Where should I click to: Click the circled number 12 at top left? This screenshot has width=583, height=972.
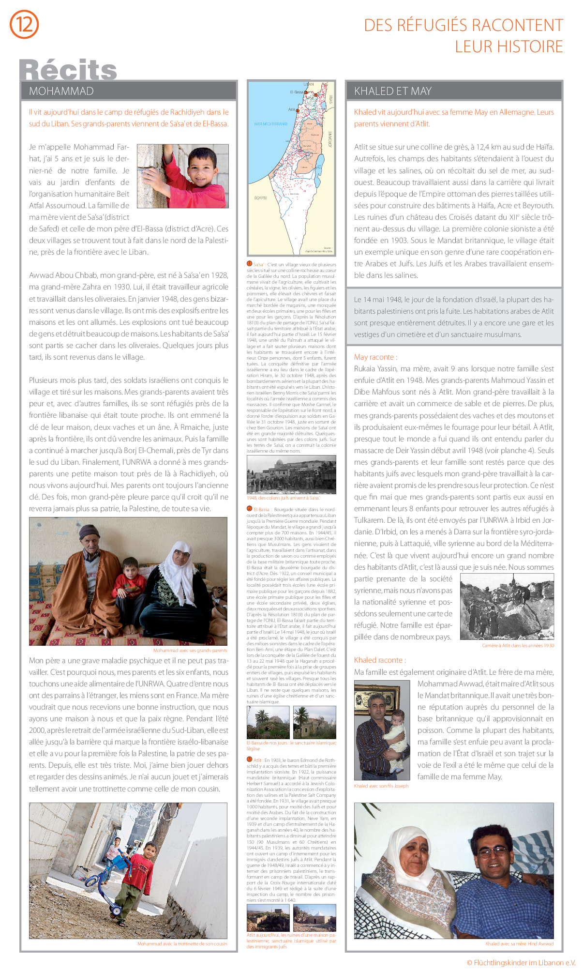[x=24, y=24]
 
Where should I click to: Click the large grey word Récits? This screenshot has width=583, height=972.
[x=68, y=70]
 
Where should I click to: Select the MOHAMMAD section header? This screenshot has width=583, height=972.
[x=61, y=91]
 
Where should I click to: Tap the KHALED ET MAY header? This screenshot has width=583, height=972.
[x=392, y=91]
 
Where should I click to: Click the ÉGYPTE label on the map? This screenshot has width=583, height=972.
[x=260, y=198]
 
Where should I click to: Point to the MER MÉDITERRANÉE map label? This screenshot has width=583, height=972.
[x=271, y=124]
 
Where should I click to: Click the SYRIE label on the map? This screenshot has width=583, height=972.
[x=331, y=99]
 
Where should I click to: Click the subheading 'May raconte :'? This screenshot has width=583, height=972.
[x=375, y=357]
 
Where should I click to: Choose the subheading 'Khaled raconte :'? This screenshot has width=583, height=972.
[x=380, y=660]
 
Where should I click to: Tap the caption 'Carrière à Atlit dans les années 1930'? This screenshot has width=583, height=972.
[x=518, y=646]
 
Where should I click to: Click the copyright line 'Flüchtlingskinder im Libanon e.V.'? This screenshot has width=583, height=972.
[x=521, y=963]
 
